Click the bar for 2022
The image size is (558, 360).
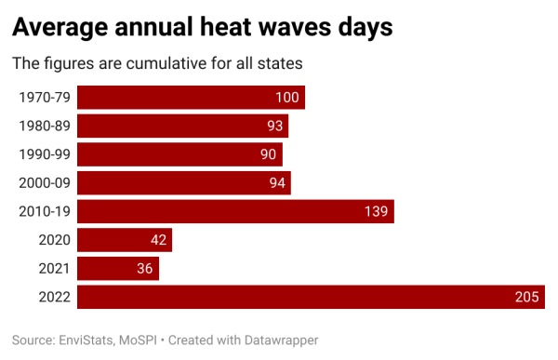(311, 297)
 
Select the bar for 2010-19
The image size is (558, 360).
(235, 211)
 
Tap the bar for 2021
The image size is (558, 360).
(118, 269)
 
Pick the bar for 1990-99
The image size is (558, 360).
(179, 154)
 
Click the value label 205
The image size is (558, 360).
(527, 297)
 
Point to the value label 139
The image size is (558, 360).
(377, 211)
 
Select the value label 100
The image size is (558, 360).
(287, 98)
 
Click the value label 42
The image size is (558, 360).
(158, 240)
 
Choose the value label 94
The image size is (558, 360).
(277, 183)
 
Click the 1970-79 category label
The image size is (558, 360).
(45, 98)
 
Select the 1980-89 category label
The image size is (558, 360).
(45, 126)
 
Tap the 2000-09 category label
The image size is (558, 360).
(45, 183)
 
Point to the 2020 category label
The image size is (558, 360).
(55, 240)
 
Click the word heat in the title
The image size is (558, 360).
(266, 28)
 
